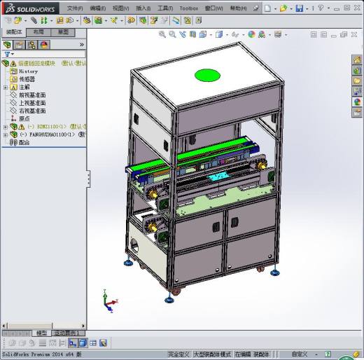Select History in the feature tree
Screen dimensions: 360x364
28,71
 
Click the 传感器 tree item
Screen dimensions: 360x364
27,79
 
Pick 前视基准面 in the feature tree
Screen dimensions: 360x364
31,95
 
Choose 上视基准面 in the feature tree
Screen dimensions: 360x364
31,103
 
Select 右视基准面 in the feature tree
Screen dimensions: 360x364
31,111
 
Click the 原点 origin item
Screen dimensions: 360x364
24,118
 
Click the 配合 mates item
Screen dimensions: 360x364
24,141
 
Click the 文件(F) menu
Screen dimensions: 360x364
75,8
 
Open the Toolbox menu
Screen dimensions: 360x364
188,8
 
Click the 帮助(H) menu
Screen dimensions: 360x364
238,8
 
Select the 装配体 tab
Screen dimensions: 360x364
14,32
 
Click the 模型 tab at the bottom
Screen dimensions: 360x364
42,333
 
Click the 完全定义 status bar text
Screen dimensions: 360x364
178,354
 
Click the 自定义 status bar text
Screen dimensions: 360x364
300,354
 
